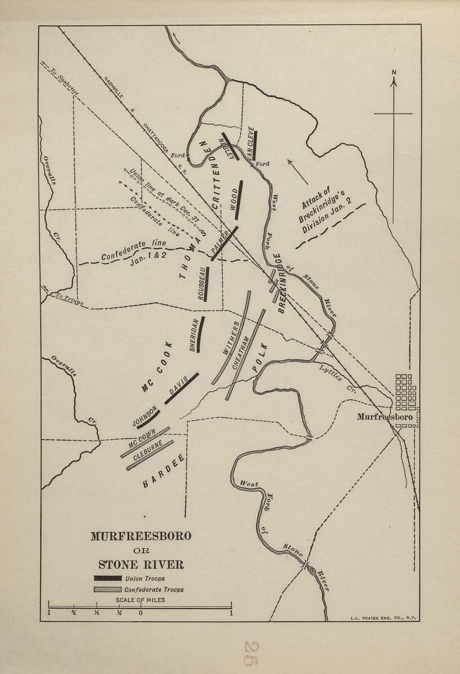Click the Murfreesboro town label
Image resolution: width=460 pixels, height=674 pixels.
(x=384, y=417)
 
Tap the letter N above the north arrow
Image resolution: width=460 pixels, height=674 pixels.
(x=394, y=72)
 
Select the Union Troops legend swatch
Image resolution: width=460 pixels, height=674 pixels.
(x=107, y=578)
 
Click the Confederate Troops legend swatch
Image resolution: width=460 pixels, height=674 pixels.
(x=107, y=590)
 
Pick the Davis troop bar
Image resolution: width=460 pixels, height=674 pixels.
(x=181, y=389)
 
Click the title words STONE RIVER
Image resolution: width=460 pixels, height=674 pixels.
(x=141, y=565)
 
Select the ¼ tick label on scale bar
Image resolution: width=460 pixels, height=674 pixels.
(x=120, y=613)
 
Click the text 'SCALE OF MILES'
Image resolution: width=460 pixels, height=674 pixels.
(x=140, y=600)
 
